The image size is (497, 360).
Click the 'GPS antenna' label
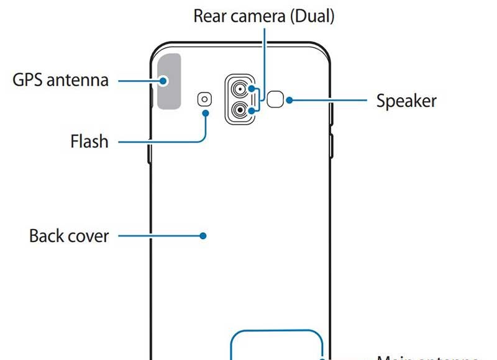[x=60, y=81]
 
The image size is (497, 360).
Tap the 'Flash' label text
[x=89, y=142]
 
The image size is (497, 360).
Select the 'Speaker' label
[x=406, y=101]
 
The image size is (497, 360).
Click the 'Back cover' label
[x=69, y=236]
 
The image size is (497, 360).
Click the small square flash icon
[x=204, y=98]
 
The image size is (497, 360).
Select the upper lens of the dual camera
[x=239, y=91]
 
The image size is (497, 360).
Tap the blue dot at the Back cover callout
[x=203, y=236]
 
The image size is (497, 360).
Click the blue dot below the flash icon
[x=205, y=113]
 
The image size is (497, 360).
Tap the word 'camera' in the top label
[x=259, y=16]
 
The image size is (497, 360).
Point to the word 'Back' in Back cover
[x=45, y=236]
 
